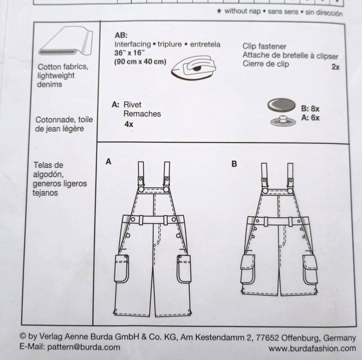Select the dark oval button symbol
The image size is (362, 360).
point(281,105)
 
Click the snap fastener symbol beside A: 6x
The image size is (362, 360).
point(281,120)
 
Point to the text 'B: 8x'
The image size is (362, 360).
point(310,109)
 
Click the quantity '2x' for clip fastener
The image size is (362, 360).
point(335,67)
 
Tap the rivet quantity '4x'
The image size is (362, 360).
point(129,124)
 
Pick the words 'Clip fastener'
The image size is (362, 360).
point(264,46)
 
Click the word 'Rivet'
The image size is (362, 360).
point(133,105)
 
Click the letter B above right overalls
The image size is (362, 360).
point(234,164)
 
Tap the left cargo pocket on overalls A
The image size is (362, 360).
point(122,268)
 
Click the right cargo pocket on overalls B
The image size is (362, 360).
point(310,269)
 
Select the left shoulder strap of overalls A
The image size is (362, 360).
point(141,172)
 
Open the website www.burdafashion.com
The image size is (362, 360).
point(312,348)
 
